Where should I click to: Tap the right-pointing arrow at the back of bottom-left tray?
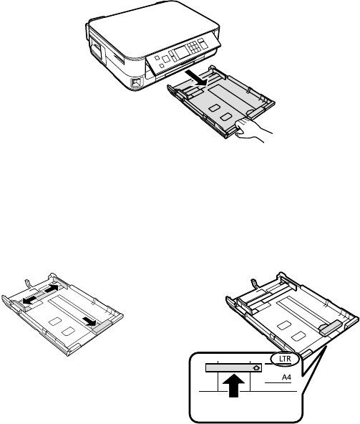click(50, 289)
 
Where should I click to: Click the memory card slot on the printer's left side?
click(97, 54)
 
